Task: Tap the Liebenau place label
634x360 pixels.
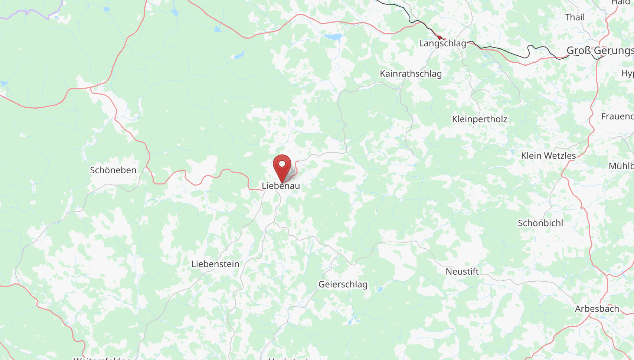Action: (281, 186)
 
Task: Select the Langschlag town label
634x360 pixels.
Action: (442, 43)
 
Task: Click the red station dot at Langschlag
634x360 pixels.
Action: (439, 37)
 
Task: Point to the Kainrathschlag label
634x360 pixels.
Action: (411, 74)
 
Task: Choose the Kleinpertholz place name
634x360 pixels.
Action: (479, 119)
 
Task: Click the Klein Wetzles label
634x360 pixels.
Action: (548, 156)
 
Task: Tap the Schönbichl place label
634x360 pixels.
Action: (540, 223)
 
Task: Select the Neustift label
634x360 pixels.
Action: (462, 272)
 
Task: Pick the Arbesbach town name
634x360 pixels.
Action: (597, 309)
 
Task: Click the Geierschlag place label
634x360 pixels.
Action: (343, 285)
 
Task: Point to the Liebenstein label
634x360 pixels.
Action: (215, 264)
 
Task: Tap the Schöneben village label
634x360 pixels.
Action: (113, 170)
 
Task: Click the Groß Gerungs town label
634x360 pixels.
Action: (599, 51)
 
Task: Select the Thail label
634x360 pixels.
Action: (575, 17)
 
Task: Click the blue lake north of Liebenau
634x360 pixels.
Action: (333, 37)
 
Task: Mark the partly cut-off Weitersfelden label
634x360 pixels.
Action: (102, 358)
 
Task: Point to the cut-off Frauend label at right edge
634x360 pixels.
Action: (617, 117)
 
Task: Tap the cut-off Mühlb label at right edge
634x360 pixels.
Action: (621, 166)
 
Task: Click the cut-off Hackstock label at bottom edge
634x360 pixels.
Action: (289, 359)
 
